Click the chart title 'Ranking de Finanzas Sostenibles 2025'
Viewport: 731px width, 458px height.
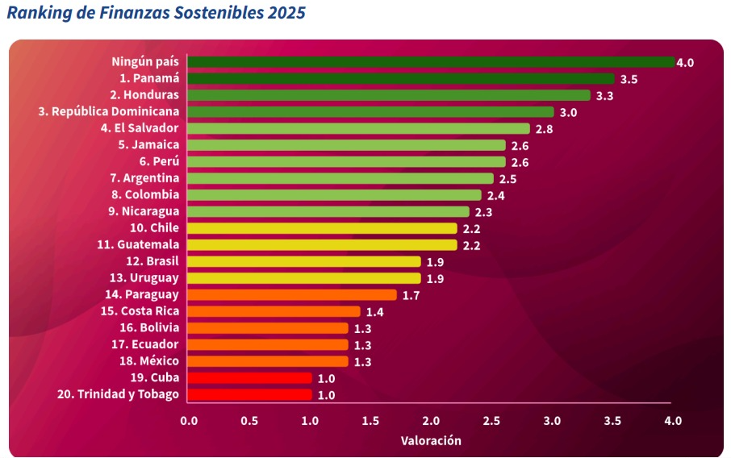coord(157,14)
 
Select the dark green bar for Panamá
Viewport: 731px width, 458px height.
coord(401,79)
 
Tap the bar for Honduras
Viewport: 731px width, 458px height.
coord(389,95)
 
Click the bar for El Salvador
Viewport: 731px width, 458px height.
coord(358,128)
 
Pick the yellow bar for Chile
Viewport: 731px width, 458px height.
coord(322,228)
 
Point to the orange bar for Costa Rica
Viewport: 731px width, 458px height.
coord(274,311)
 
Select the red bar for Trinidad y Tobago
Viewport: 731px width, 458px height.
coord(249,394)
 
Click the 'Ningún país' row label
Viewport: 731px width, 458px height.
coord(145,61)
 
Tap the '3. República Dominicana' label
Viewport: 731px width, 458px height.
coord(109,111)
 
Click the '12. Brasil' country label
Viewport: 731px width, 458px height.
coord(152,261)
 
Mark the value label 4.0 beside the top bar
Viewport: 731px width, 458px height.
coord(686,62)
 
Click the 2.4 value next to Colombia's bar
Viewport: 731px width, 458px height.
coord(496,195)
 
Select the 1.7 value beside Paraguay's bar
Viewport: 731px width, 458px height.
coord(411,295)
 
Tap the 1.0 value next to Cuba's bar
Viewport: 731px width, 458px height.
coord(327,378)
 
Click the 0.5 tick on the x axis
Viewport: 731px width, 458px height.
coord(249,421)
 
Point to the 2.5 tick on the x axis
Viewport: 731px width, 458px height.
coord(491,421)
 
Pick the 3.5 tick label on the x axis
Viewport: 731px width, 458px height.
coord(612,421)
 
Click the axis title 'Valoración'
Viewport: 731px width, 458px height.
coord(431,441)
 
